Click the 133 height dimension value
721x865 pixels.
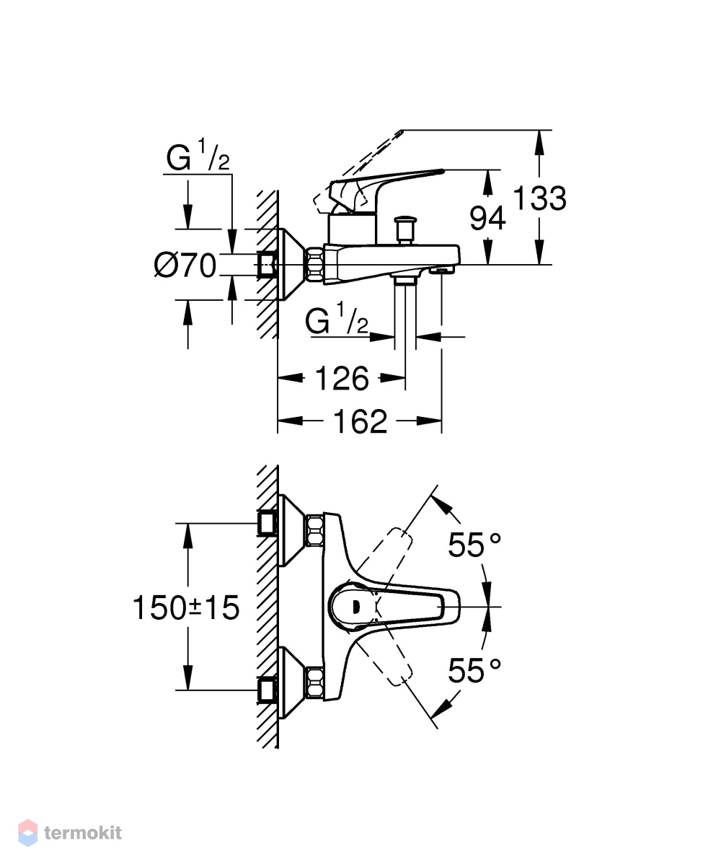(539, 198)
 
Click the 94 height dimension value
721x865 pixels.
(487, 219)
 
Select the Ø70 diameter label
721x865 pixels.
(185, 266)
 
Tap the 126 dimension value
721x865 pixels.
(342, 379)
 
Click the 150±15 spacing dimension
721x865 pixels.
(186, 608)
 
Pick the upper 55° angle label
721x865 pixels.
(474, 545)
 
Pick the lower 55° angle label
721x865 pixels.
(474, 671)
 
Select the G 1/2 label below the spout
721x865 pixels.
(337, 319)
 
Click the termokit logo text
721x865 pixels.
(83, 833)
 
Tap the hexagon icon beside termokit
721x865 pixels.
(28, 833)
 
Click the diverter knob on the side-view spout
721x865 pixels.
(406, 229)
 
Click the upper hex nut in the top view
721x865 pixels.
(315, 531)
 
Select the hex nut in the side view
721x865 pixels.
(316, 265)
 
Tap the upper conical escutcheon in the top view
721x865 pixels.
(292, 530)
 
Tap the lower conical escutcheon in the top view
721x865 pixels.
(292, 683)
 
